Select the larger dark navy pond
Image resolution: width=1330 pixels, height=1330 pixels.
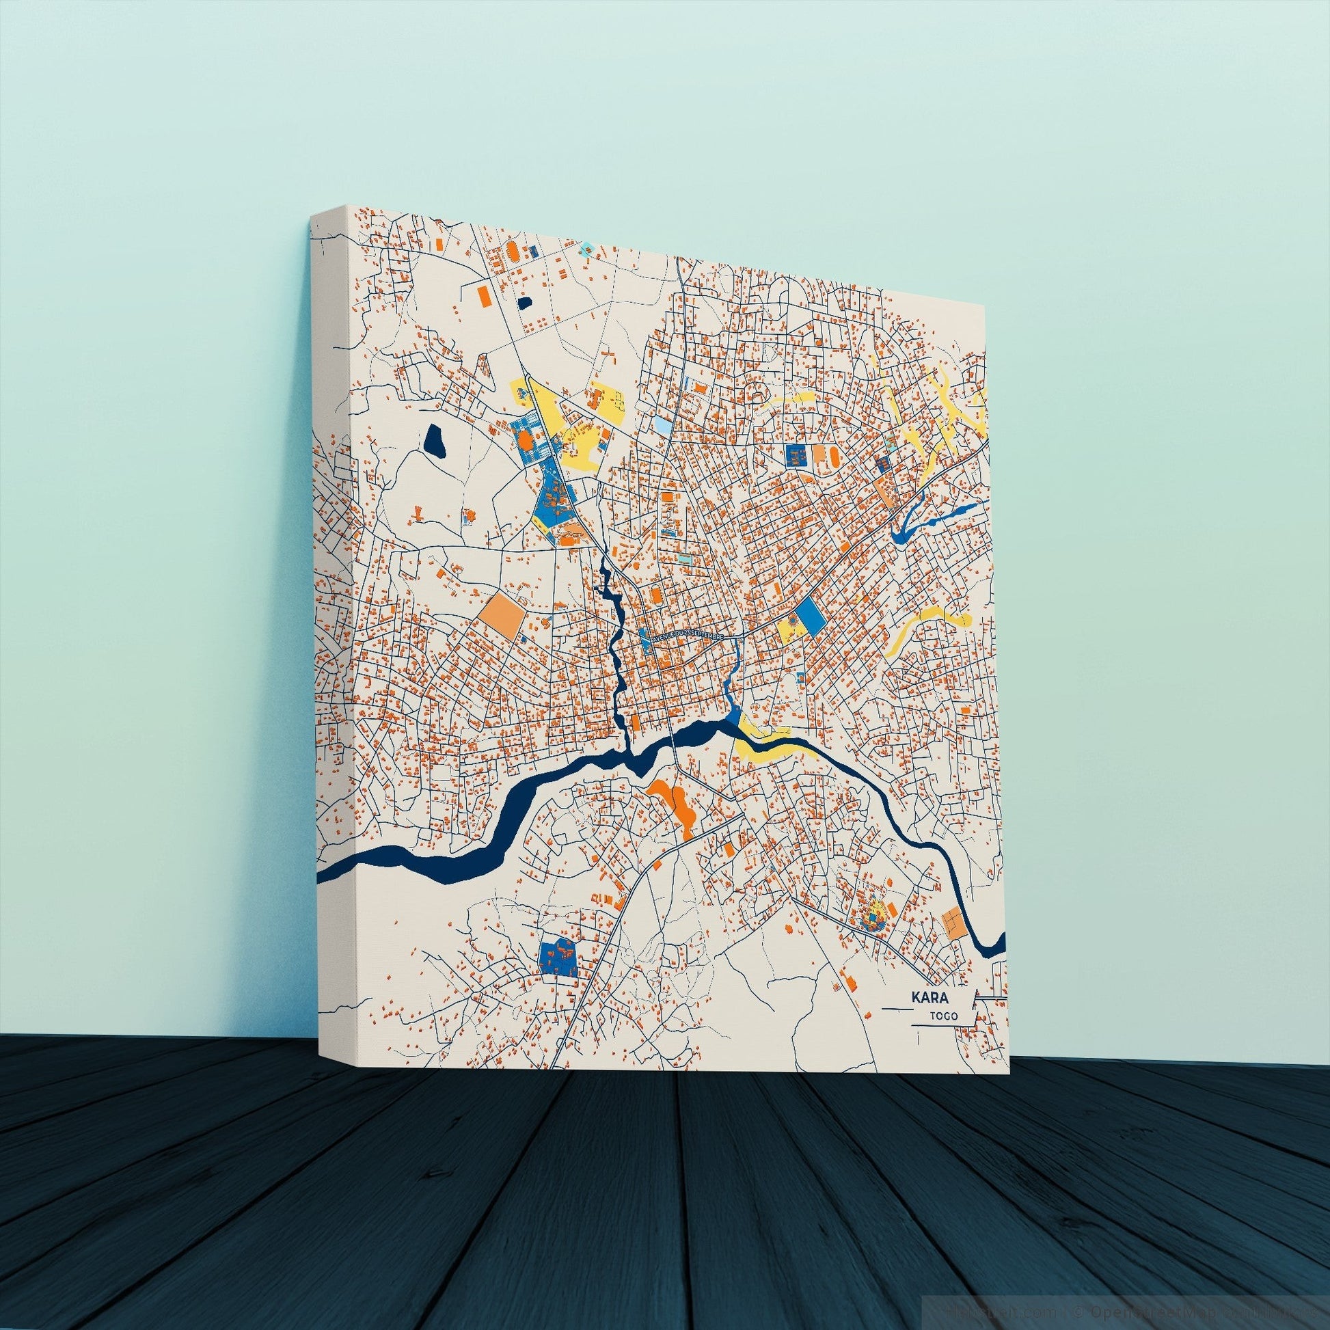[x=435, y=439]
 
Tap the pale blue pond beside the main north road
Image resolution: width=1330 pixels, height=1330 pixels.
[x=660, y=424]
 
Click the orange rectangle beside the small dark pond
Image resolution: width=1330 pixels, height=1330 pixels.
[x=484, y=295]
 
